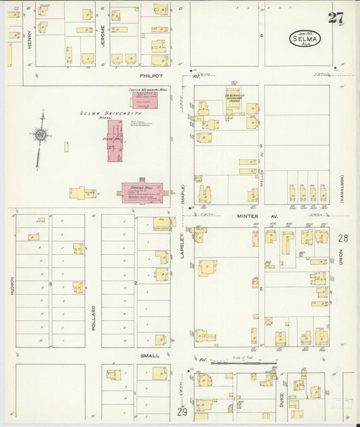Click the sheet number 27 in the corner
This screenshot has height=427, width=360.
point(336,18)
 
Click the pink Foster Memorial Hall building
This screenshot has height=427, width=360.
point(143,101)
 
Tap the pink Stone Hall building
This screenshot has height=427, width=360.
point(115,140)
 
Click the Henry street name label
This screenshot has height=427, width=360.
point(30,43)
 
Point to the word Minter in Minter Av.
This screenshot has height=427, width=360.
point(247,216)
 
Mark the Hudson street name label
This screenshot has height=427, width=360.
point(12,286)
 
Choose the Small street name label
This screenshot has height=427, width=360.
point(150,355)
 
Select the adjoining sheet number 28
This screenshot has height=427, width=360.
point(343,238)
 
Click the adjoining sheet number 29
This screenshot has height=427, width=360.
point(182,411)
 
